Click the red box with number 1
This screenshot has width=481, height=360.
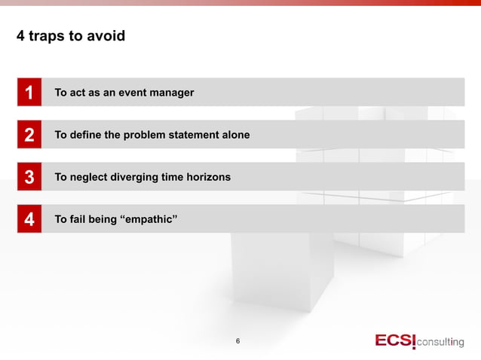pyautogui.click(x=29, y=93)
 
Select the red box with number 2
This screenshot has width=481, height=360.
pyautogui.click(x=29, y=135)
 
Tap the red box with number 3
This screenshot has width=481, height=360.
pyautogui.click(x=29, y=177)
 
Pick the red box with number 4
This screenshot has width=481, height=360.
pyautogui.click(x=29, y=219)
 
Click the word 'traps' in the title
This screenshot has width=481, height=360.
pyautogui.click(x=47, y=35)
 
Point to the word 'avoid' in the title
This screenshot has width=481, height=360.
pyautogui.click(x=106, y=35)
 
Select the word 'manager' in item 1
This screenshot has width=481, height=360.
pyautogui.click(x=170, y=93)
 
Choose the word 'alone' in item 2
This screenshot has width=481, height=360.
pyautogui.click(x=234, y=135)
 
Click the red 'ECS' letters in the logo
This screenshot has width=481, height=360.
pyautogui.click(x=394, y=340)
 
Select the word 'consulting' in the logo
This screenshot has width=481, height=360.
pyautogui.click(x=441, y=342)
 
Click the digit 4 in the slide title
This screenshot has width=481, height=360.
pyautogui.click(x=20, y=35)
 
